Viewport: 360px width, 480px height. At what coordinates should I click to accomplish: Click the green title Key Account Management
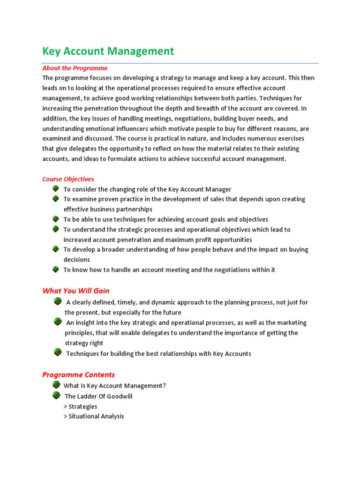click(x=108, y=51)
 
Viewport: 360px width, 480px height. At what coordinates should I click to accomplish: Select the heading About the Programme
click(x=75, y=68)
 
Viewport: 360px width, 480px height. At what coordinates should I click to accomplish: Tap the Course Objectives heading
click(x=68, y=179)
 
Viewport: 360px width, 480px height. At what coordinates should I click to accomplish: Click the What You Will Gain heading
click(x=76, y=291)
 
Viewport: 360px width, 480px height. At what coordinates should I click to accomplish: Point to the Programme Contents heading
click(x=78, y=375)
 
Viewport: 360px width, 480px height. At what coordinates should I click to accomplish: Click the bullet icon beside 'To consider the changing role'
click(x=55, y=188)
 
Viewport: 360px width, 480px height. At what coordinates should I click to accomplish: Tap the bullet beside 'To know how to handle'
click(x=55, y=269)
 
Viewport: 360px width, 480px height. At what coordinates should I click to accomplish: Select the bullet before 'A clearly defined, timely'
click(x=58, y=301)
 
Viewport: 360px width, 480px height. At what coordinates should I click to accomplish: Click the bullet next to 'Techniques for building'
click(x=58, y=352)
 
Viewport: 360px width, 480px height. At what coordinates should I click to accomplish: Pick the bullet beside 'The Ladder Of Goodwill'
click(x=57, y=395)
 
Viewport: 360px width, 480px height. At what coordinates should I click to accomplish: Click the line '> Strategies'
click(x=80, y=406)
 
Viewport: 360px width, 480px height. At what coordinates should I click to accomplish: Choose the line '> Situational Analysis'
click(x=94, y=416)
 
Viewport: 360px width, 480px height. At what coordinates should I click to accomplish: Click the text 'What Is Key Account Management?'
click(x=115, y=386)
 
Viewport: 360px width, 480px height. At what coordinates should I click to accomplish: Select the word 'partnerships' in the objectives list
click(x=133, y=209)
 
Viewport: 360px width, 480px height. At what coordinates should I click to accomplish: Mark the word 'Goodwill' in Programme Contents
click(x=119, y=396)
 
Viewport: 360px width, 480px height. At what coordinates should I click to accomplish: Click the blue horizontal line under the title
click(x=180, y=63)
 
